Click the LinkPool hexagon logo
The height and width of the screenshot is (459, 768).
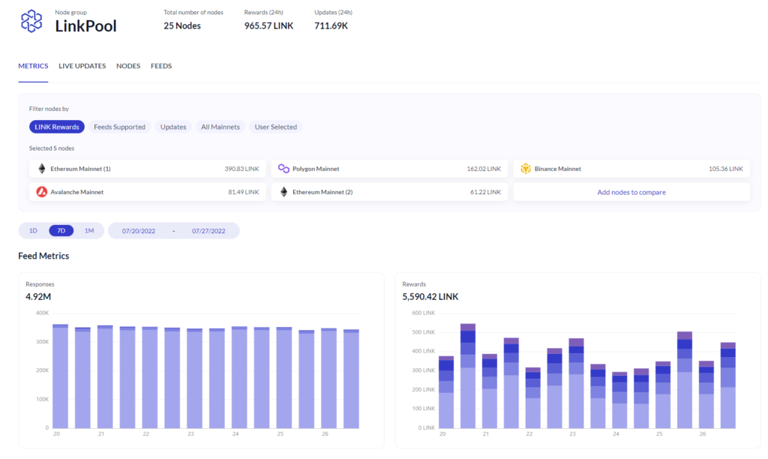tap(31, 21)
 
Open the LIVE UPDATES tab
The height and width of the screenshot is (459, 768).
tap(82, 66)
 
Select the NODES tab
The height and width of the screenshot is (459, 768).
tap(128, 66)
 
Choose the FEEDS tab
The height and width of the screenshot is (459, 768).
tap(161, 66)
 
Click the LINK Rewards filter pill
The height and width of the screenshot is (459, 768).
tap(57, 127)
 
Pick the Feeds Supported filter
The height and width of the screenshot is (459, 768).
tap(119, 127)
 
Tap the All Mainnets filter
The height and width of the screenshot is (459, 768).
tap(220, 127)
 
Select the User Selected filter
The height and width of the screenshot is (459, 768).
tap(276, 127)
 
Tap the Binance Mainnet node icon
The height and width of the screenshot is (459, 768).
tap(526, 169)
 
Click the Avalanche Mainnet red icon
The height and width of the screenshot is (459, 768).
tap(42, 192)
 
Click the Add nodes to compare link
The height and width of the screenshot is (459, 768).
tap(631, 192)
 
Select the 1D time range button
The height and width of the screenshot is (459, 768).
tap(33, 230)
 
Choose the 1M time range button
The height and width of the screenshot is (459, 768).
tap(88, 230)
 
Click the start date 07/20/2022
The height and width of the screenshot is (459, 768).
tap(139, 231)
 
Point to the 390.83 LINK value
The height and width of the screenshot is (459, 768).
tap(241, 169)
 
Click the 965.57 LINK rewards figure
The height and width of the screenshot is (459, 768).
tap(268, 25)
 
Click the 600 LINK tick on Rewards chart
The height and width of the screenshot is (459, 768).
tap(423, 313)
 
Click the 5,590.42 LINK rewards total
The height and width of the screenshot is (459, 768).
tap(430, 297)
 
